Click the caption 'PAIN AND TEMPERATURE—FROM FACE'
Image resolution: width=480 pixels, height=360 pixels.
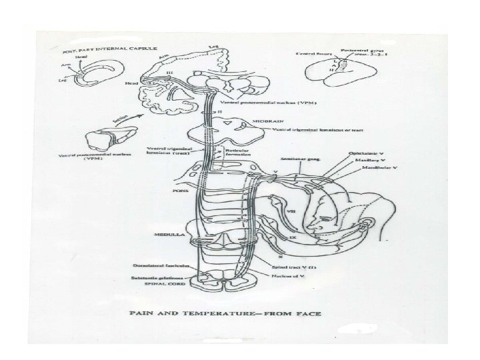[x=240, y=309]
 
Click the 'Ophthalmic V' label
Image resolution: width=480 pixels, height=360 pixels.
[x=367, y=154]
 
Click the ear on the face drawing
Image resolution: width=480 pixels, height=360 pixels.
[x=361, y=229]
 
